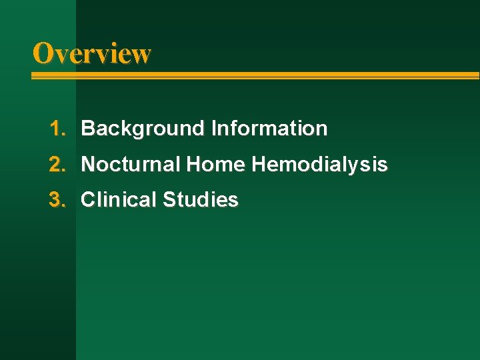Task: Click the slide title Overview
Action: [x=92, y=53]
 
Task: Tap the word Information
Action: [x=269, y=128]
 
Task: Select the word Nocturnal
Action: [x=131, y=164]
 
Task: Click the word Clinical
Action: [x=119, y=199]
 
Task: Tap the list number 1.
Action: [x=56, y=128]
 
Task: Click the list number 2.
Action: [x=56, y=164]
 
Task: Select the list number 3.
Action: [x=56, y=199]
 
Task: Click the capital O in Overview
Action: [x=43, y=53]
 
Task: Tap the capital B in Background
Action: [x=87, y=128]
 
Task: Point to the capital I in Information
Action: [x=213, y=128]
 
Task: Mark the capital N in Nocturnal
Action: [x=87, y=164]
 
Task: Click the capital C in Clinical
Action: [x=87, y=199]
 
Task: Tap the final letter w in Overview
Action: [x=141, y=55]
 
